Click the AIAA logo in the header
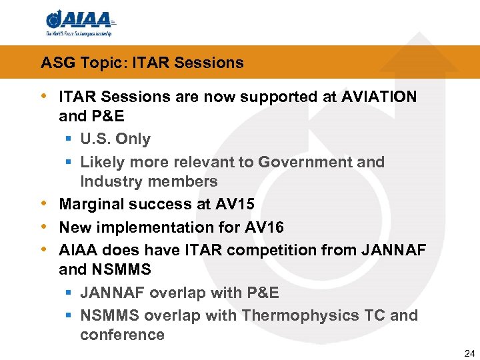click(79, 23)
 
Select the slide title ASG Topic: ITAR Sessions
click(142, 63)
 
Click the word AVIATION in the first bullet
click(379, 97)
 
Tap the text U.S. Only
click(115, 139)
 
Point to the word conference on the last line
click(122, 335)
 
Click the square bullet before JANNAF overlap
click(69, 293)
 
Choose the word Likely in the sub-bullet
click(99, 162)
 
